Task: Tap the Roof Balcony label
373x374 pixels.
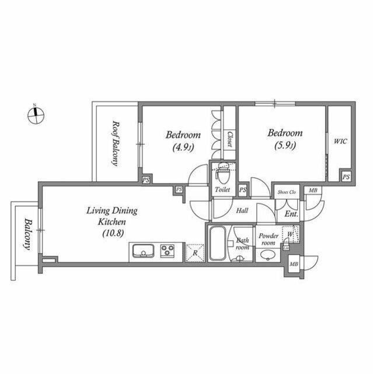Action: pyautogui.click(x=116, y=143)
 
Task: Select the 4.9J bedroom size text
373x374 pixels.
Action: pyautogui.click(x=182, y=147)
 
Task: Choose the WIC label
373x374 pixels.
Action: pyautogui.click(x=340, y=141)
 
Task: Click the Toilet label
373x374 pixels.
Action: pyautogui.click(x=222, y=190)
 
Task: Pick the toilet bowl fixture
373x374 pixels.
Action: pyautogui.click(x=222, y=174)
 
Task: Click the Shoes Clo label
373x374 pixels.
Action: pyautogui.click(x=287, y=191)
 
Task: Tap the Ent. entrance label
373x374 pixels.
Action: pyautogui.click(x=291, y=214)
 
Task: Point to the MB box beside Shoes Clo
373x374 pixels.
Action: pyautogui.click(x=313, y=191)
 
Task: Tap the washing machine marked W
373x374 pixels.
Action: pyautogui.click(x=290, y=234)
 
